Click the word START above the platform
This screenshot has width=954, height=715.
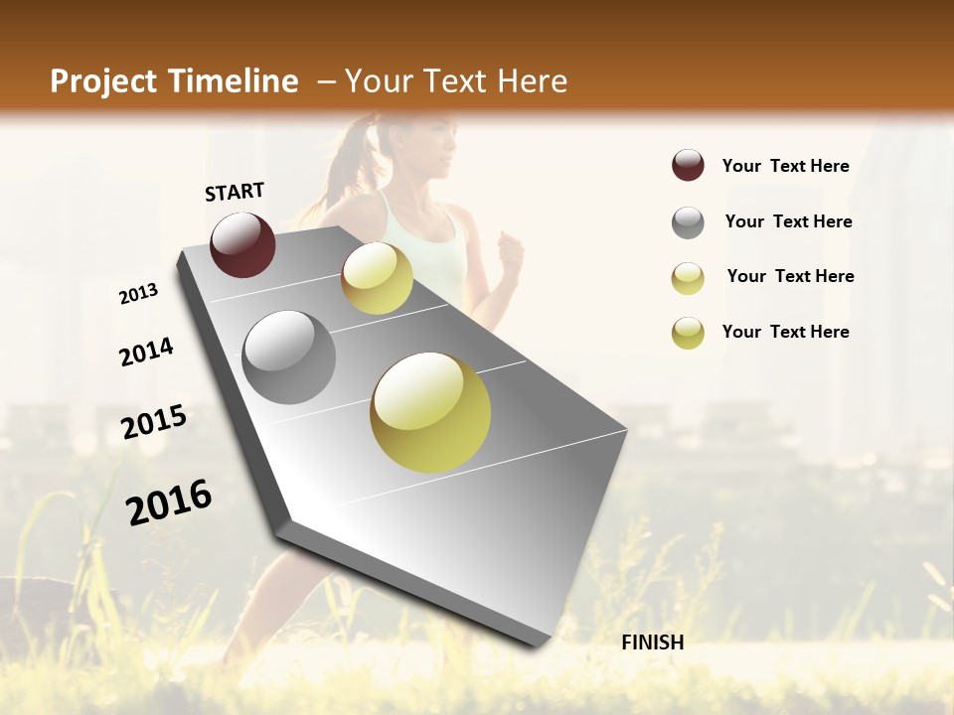(x=235, y=192)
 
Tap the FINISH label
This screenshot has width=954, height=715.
(x=652, y=643)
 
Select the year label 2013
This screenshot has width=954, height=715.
(x=138, y=293)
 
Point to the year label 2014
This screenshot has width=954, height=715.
(x=146, y=352)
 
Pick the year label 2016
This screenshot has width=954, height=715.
(x=169, y=502)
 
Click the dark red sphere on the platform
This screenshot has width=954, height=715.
(x=242, y=244)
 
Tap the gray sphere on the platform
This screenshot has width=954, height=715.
(x=289, y=357)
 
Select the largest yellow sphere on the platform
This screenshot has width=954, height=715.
(x=430, y=412)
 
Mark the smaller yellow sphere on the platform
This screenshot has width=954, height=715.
(x=377, y=278)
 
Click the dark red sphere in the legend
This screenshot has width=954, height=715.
(x=688, y=165)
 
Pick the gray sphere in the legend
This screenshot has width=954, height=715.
(x=688, y=221)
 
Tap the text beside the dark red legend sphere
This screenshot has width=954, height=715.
(x=785, y=166)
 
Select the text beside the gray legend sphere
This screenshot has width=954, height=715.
(x=788, y=221)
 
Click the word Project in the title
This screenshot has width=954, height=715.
(x=103, y=81)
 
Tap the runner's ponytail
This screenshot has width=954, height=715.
(x=351, y=159)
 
